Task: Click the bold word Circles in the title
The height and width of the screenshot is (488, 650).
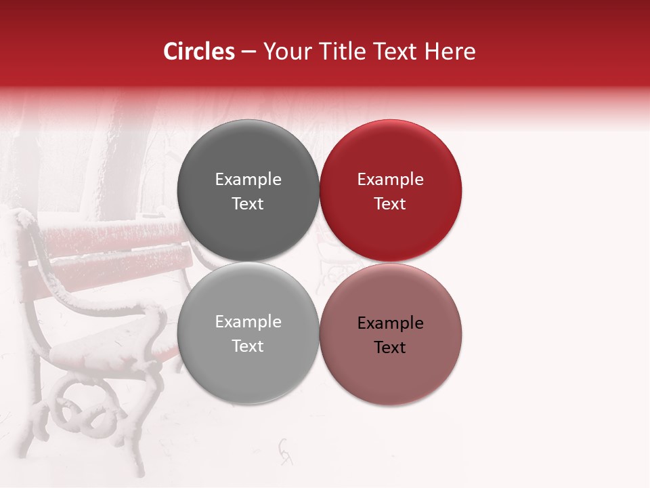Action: (199, 52)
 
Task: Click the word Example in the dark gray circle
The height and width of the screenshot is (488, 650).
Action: (248, 180)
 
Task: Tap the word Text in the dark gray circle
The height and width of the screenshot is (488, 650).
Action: (248, 204)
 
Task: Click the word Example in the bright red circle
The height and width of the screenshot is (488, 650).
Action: (390, 180)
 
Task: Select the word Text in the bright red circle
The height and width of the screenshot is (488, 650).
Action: (390, 204)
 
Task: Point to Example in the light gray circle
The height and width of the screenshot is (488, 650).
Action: (248, 322)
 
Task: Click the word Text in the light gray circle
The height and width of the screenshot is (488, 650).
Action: (248, 346)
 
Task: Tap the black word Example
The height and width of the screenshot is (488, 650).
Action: (390, 323)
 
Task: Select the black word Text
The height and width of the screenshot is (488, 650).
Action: (390, 348)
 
